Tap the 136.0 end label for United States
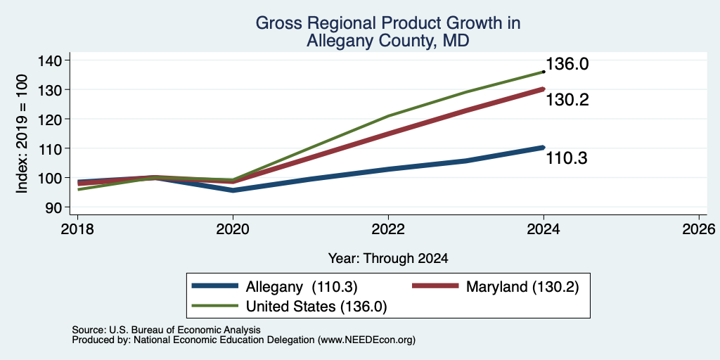point(567,64)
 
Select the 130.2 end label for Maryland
point(567,100)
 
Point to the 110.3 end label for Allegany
point(567,158)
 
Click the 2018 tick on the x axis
point(77,229)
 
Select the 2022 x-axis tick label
point(388,229)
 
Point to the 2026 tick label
point(699,229)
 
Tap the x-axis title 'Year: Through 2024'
point(388,259)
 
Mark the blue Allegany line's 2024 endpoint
point(544,148)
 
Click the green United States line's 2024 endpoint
point(544,72)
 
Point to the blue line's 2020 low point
point(233,190)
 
